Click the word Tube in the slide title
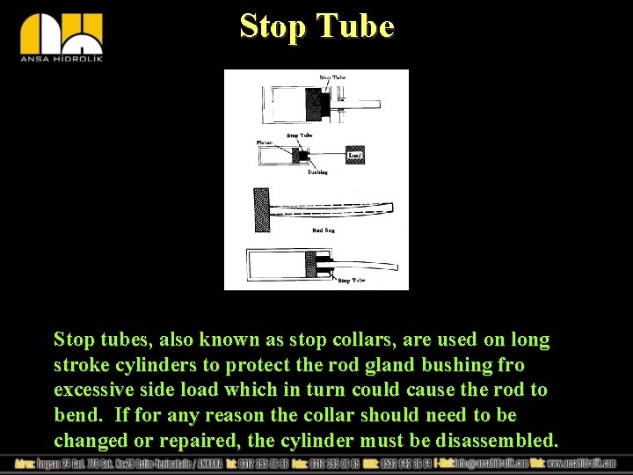click(360, 26)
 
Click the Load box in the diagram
click(355, 155)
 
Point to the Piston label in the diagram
click(265, 142)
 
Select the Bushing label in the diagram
click(317, 172)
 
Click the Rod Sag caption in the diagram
click(323, 230)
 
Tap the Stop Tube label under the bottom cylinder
click(351, 280)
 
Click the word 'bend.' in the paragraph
click(76, 415)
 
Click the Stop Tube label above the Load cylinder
click(300, 135)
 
